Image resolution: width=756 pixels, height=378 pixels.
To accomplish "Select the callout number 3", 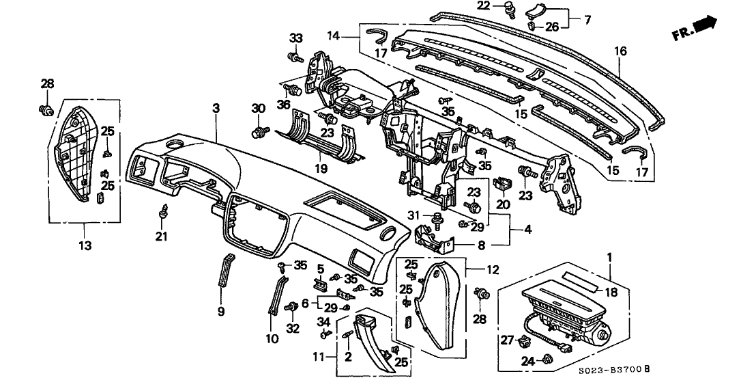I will click(216, 109).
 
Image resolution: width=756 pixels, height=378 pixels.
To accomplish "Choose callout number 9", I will click(221, 312).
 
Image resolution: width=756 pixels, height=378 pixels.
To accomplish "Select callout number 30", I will click(258, 108).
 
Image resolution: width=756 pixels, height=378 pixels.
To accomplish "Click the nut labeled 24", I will click(547, 358).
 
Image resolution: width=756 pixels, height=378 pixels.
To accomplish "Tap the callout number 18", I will click(611, 291).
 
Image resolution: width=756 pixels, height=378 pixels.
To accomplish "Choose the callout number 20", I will click(502, 204).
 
